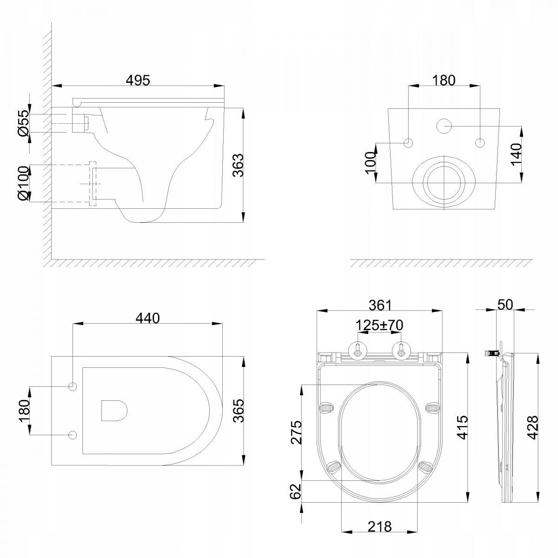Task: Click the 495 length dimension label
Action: (x=138, y=80)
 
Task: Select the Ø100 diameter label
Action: (x=24, y=183)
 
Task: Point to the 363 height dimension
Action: (x=239, y=165)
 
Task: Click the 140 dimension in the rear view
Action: (x=516, y=154)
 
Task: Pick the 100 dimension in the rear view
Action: (x=371, y=163)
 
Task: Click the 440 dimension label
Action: (x=148, y=319)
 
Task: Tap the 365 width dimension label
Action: (x=239, y=411)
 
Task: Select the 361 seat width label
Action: (x=380, y=305)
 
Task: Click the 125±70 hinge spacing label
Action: (x=379, y=325)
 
